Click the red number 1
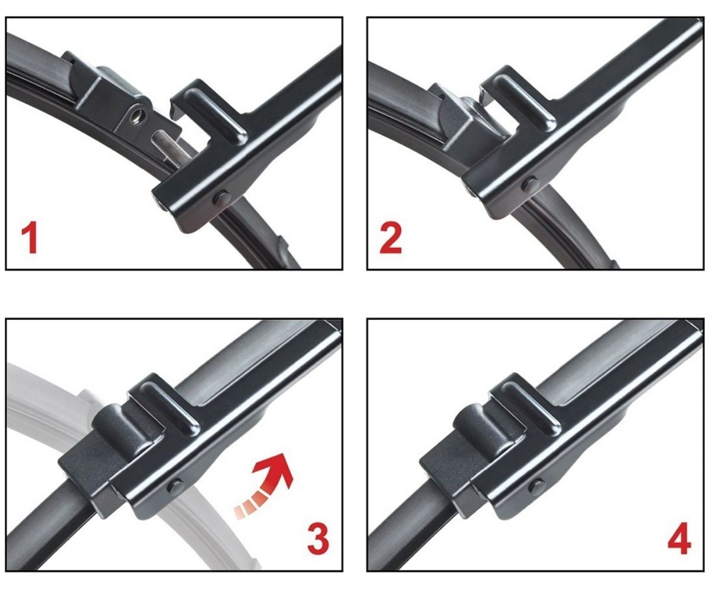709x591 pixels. click(x=30, y=238)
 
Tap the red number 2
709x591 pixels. click(x=391, y=238)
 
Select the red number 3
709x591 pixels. click(x=318, y=538)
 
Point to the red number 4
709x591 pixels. click(x=679, y=538)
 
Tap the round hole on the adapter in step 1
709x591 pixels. click(x=137, y=117)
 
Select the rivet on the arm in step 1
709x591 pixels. click(x=222, y=199)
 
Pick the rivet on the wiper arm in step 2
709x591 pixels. click(x=531, y=184)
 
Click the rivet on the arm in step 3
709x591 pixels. click(x=176, y=487)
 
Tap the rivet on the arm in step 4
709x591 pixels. click(x=537, y=487)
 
